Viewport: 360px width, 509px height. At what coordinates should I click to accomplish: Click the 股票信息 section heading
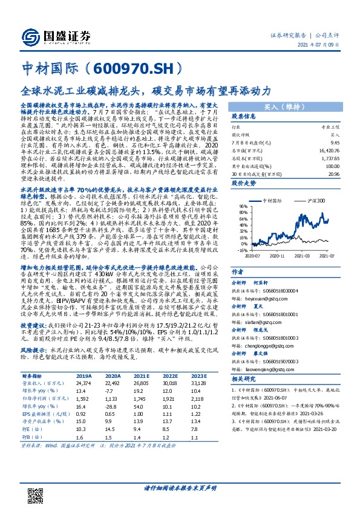[x=244, y=116]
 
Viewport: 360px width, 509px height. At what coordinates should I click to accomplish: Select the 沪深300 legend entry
[x=315, y=200]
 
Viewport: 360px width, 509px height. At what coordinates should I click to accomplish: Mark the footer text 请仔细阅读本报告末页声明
[x=180, y=487]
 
